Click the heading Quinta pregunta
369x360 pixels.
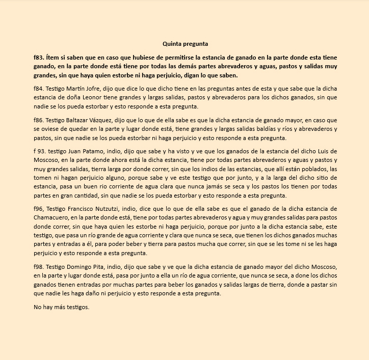pos(185,44)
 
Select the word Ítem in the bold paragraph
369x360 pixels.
pos(53,58)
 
